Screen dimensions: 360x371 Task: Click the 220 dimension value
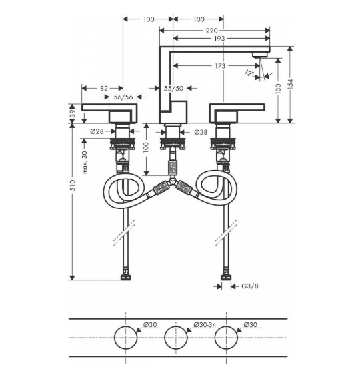[211, 31]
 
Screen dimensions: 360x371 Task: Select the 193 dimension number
[219, 38]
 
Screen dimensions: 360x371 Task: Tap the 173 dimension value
[220, 66]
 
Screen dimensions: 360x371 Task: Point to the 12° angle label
[249, 73]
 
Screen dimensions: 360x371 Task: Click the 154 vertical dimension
[290, 84]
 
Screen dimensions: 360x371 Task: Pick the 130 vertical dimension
[278, 89]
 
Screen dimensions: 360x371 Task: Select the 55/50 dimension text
[174, 88]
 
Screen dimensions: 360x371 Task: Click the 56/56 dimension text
[123, 97]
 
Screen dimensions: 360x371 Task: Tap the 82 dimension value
[104, 88]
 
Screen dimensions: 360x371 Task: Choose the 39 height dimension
[72, 114]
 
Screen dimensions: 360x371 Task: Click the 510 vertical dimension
[72, 185]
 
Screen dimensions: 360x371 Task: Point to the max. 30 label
[85, 162]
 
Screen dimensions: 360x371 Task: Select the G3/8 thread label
[250, 286]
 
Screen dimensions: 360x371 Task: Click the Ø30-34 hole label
[205, 324]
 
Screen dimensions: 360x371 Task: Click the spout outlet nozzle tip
[259, 55]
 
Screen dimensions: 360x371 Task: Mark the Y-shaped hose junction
[173, 183]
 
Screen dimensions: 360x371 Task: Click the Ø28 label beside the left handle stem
[97, 131]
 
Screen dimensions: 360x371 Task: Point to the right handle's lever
[237, 107]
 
